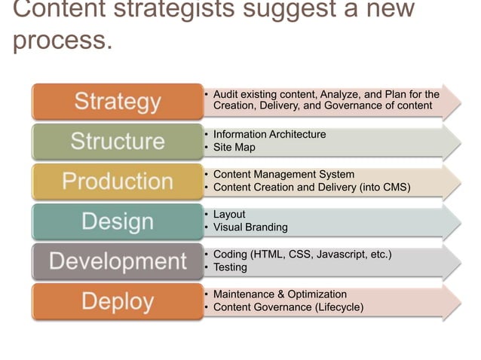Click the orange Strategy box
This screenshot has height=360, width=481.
click(117, 102)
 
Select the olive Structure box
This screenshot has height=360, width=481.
click(117, 142)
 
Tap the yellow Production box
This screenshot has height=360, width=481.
click(117, 182)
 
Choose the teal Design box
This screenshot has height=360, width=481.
click(117, 221)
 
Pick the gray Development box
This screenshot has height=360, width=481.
click(117, 261)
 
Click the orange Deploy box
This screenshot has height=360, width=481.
click(117, 301)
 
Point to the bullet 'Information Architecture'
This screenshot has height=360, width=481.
click(269, 135)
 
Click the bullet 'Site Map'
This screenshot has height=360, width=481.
click(234, 148)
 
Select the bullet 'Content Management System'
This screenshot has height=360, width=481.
click(283, 175)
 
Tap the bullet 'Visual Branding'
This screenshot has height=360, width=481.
click(250, 227)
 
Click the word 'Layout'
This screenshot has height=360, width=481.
click(229, 215)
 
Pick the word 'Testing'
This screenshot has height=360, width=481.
click(231, 267)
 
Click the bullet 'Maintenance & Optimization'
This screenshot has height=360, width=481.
click(280, 294)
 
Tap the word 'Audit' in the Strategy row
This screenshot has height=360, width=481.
click(227, 95)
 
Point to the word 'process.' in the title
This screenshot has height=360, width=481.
click(63, 39)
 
